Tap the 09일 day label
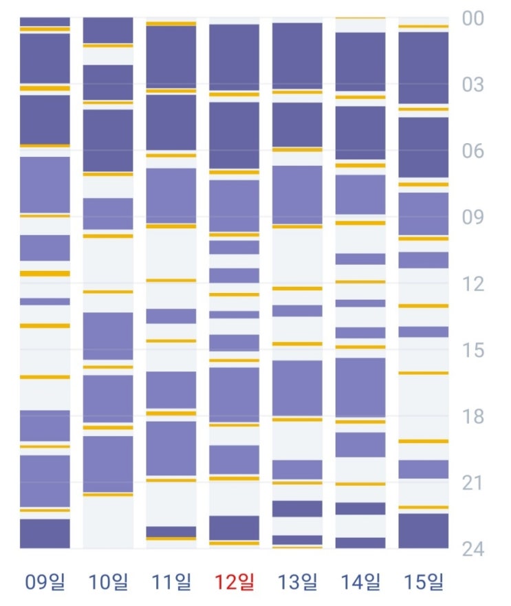tap(45, 583)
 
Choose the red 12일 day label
tap(235, 583)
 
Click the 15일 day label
tap(424, 583)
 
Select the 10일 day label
tap(108, 583)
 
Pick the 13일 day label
tap(298, 583)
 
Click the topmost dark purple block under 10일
tap(108, 30)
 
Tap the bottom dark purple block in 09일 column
tap(45, 533)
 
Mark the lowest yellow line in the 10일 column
tap(108, 495)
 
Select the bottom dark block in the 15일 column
tap(424, 530)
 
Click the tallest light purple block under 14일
tap(360, 387)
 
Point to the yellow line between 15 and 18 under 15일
tap(424, 373)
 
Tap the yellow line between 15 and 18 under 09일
tap(45, 377)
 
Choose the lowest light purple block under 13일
tap(298, 469)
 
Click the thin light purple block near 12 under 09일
tap(45, 301)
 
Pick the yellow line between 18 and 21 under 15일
tap(424, 441)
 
